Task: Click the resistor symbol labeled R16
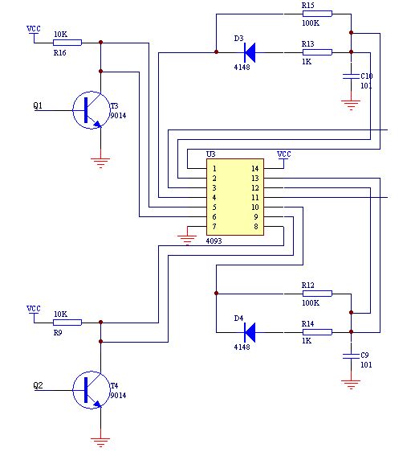tap(67, 43)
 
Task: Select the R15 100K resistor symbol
tap(317, 14)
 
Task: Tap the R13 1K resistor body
tap(317, 52)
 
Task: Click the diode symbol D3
tap(249, 52)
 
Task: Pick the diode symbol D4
tap(249, 332)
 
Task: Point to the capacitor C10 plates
tap(351, 76)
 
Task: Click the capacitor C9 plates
tap(351, 356)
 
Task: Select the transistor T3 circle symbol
tap(92, 110)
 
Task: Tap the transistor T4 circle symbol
tap(92, 390)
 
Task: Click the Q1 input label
tap(38, 105)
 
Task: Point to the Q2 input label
tap(38, 385)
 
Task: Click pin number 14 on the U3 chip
tap(255, 169)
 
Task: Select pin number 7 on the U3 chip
tap(214, 227)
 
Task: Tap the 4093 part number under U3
tap(214, 241)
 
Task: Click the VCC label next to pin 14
tap(284, 154)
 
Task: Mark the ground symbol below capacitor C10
tap(351, 105)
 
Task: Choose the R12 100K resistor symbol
tap(317, 294)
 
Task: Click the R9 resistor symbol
tap(67, 323)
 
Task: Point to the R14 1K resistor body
tap(317, 332)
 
